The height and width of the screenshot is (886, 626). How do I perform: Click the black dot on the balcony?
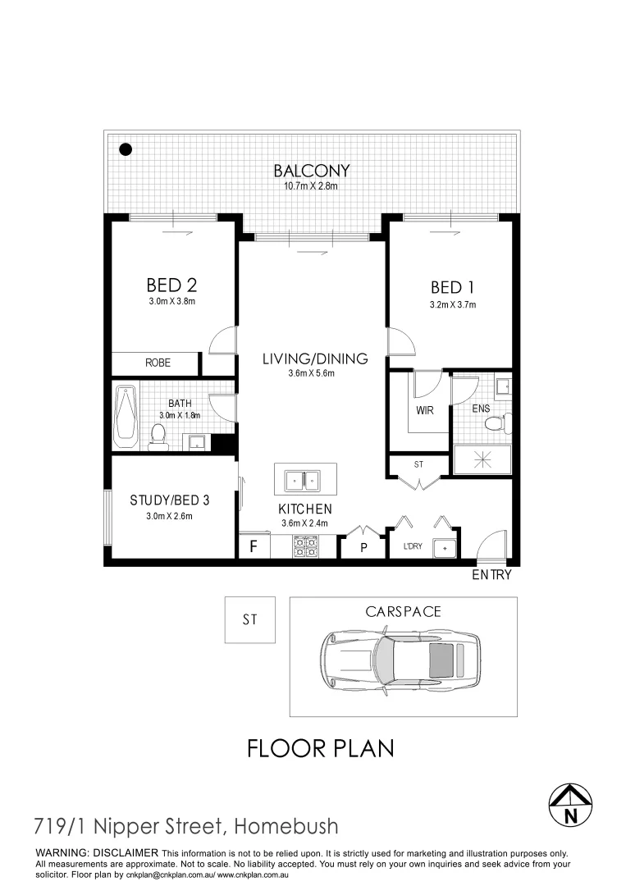[x=126, y=149]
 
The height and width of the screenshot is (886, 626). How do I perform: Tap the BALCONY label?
[x=312, y=171]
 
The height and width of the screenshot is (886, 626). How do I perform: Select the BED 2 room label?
[x=171, y=285]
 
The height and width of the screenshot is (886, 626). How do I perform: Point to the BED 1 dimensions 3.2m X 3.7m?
[x=453, y=304]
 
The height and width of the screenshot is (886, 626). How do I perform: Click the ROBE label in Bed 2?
[x=158, y=363]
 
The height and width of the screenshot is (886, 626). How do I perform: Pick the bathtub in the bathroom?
[x=126, y=415]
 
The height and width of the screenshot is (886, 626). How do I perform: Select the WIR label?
[x=424, y=410]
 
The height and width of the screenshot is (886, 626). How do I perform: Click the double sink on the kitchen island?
[x=305, y=479]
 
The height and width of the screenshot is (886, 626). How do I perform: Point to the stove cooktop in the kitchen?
[x=306, y=546]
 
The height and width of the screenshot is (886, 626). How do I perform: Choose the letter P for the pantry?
[x=363, y=548]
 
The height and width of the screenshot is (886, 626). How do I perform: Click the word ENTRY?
[x=491, y=575]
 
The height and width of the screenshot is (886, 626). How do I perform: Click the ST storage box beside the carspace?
[x=250, y=620]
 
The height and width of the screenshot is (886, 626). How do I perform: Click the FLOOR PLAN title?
[x=321, y=748]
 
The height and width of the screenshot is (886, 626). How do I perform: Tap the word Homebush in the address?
[x=287, y=825]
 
